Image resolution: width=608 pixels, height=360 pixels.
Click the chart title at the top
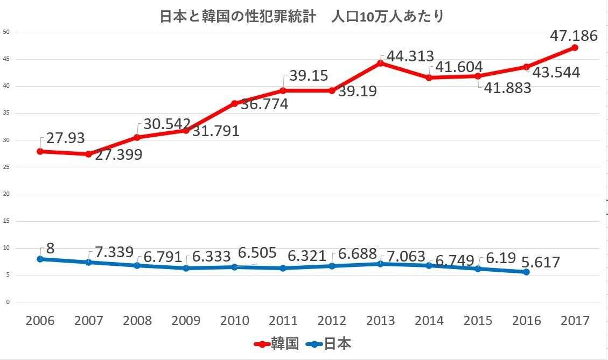(x=302, y=16)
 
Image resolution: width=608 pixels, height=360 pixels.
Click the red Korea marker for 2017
(x=575, y=48)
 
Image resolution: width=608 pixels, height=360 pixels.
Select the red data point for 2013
(x=380, y=63)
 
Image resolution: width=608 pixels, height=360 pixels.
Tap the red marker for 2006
(x=40, y=151)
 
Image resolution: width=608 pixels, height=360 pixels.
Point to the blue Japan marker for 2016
(x=526, y=272)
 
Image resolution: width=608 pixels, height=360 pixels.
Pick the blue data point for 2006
(x=40, y=259)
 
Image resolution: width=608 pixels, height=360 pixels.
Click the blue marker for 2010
(x=234, y=267)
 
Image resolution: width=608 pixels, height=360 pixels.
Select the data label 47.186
(x=574, y=36)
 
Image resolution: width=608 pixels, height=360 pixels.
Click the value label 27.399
(x=118, y=155)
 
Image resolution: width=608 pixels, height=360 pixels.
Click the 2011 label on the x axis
(x=283, y=321)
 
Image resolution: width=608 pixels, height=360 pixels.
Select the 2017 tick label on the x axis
(x=575, y=321)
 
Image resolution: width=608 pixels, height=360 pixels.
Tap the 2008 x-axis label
(x=137, y=321)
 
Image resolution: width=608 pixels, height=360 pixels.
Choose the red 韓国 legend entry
(x=276, y=344)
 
